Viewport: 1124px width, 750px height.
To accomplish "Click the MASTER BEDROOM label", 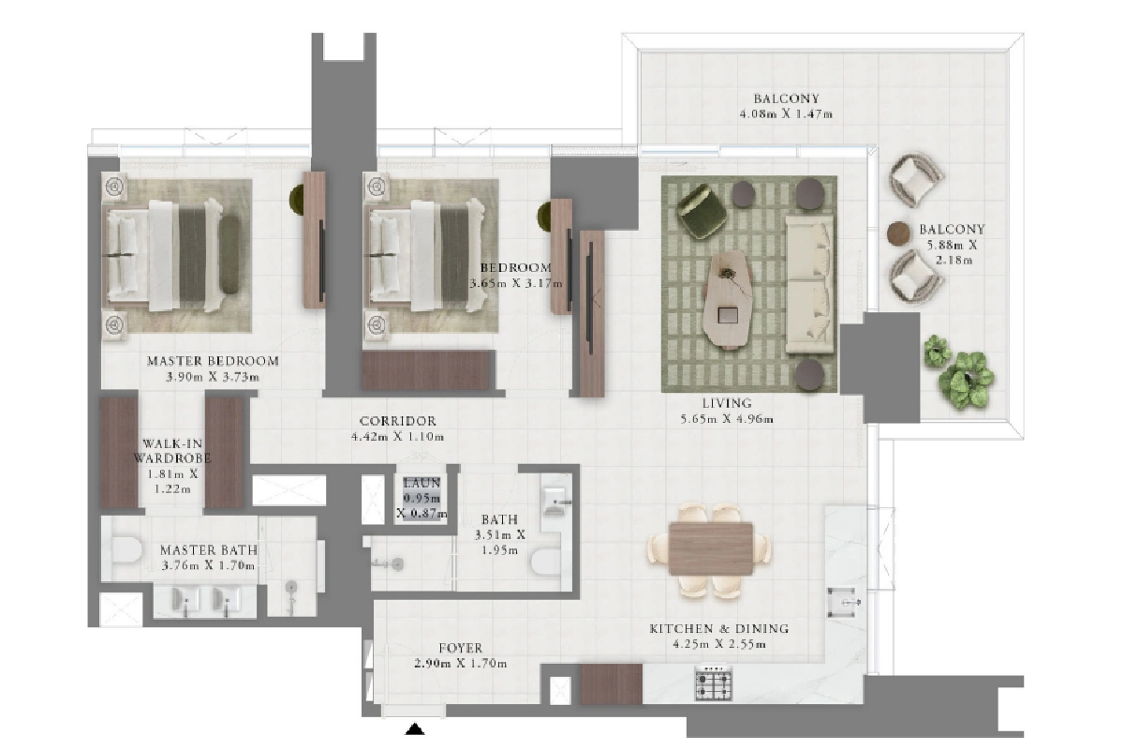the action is click(213, 361).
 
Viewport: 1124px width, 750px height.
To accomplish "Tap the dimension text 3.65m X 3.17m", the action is click(516, 283).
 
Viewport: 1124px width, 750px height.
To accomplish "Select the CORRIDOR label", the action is click(398, 420).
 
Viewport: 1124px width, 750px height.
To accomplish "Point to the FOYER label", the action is click(461, 648).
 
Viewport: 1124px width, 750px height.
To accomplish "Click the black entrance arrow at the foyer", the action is click(414, 728).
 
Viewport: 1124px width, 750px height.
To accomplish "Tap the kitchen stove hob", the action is click(714, 683).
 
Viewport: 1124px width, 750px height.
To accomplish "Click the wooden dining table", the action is click(711, 548).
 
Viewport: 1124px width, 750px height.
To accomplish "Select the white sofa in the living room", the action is click(809, 284).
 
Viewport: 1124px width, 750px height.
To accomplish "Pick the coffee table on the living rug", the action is click(727, 299).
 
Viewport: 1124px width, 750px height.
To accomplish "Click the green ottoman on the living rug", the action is click(702, 211).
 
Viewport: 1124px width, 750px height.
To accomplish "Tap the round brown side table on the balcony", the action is click(898, 233).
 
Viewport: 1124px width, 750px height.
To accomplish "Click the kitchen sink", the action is click(843, 602).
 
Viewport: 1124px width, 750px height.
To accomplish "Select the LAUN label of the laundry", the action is click(421, 483).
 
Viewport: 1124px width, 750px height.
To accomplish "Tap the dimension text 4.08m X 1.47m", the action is click(786, 114).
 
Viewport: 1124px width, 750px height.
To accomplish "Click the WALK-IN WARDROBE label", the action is click(171, 451).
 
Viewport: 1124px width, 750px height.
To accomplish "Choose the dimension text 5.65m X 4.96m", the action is click(727, 418).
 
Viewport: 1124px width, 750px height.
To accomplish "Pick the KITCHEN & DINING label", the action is click(719, 628).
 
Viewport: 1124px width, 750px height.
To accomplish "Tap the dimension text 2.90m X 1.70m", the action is click(461, 664).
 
